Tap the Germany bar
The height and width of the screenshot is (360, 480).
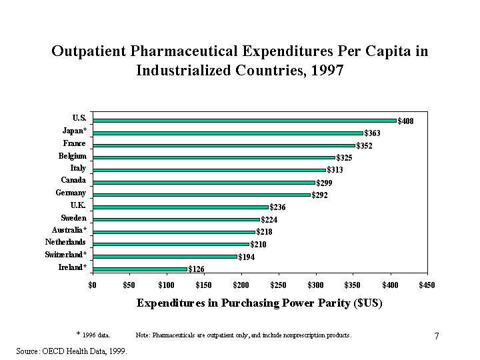tap(201, 195)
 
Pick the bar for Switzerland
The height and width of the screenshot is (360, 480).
tap(165, 256)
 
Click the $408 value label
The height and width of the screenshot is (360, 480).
tap(405, 121)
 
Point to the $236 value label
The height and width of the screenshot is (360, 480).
tap(277, 207)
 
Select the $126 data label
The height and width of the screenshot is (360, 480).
tap(196, 269)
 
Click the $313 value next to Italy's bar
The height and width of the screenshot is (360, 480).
tap(335, 171)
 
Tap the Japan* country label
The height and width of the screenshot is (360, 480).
tap(74, 131)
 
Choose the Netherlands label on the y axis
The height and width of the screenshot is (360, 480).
tap(65, 242)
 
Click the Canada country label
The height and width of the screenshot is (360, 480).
tap(73, 180)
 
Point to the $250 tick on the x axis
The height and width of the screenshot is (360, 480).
tap(279, 286)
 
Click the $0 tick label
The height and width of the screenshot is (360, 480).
tap(93, 286)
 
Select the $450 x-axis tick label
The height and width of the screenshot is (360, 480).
tap(427, 286)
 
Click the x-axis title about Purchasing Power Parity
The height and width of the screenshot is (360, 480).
tap(259, 303)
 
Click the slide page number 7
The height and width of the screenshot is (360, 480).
tap(437, 336)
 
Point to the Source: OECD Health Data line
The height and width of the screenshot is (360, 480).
tap(71, 349)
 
